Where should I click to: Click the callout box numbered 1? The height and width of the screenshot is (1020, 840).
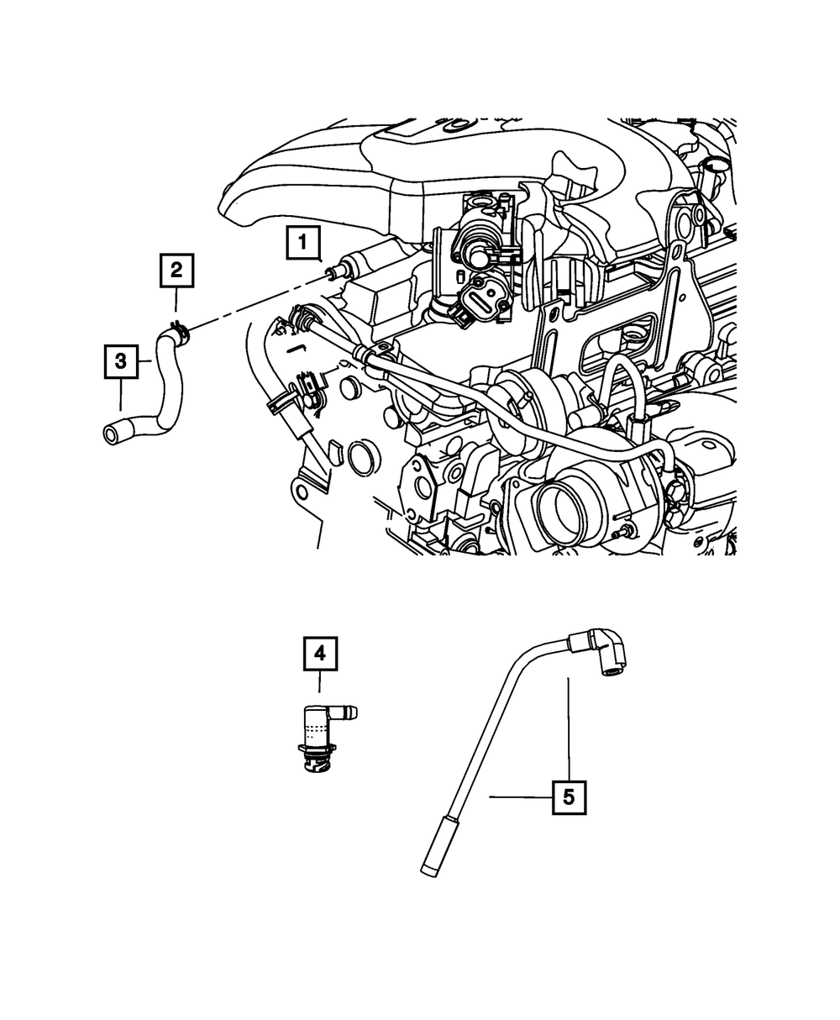point(302,243)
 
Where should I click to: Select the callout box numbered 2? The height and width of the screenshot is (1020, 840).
point(176,270)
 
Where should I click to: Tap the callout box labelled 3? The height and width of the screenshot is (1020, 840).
point(121,362)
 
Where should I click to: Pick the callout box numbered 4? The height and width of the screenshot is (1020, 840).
point(320,654)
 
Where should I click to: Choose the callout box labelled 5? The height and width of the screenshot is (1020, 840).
point(569,797)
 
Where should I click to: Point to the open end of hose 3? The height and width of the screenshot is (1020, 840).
point(111,434)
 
